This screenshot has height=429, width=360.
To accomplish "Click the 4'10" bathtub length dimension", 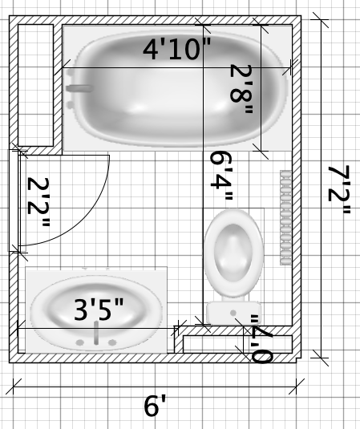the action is pyautogui.click(x=177, y=49).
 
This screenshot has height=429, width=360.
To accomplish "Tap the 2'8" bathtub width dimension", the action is pyautogui.click(x=241, y=89).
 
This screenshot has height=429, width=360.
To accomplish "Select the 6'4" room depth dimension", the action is pyautogui.click(x=221, y=176).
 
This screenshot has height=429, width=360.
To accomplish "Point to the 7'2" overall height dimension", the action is pyautogui.click(x=339, y=190).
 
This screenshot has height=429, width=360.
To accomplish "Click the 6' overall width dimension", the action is pyautogui.click(x=155, y=406).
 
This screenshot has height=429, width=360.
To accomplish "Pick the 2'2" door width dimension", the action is pyautogui.click(x=38, y=202).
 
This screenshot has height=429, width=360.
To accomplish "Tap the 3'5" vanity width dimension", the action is pyautogui.click(x=99, y=310).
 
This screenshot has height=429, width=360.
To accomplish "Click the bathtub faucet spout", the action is pyautogui.click(x=79, y=88).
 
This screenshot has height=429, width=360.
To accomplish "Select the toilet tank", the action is pyautogui.click(x=233, y=313).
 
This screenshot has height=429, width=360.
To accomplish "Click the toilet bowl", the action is pyautogui.click(x=233, y=253).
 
